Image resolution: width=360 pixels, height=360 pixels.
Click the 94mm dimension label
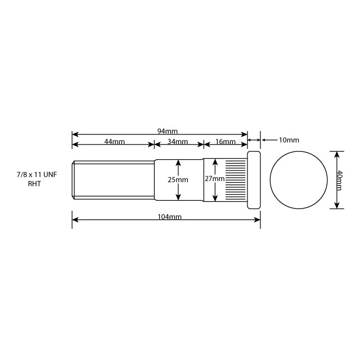[168, 131]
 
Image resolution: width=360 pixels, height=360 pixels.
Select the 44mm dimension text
[114, 141]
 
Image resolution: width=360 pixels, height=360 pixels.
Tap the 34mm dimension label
[178, 141]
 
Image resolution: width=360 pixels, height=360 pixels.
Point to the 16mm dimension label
[226, 141]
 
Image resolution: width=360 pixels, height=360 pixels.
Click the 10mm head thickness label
[289, 139]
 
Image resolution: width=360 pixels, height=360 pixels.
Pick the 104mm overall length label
[169, 217]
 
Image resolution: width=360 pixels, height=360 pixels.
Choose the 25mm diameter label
[178, 179]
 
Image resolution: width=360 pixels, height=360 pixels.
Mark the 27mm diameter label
[214, 178]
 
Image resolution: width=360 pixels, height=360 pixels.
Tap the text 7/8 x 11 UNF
[37, 175]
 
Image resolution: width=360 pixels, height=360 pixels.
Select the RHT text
[34, 184]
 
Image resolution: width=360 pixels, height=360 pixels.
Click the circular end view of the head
[298, 180]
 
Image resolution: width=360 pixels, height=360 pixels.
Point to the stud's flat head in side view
[254, 180]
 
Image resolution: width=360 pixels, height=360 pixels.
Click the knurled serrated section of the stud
[235, 180]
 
